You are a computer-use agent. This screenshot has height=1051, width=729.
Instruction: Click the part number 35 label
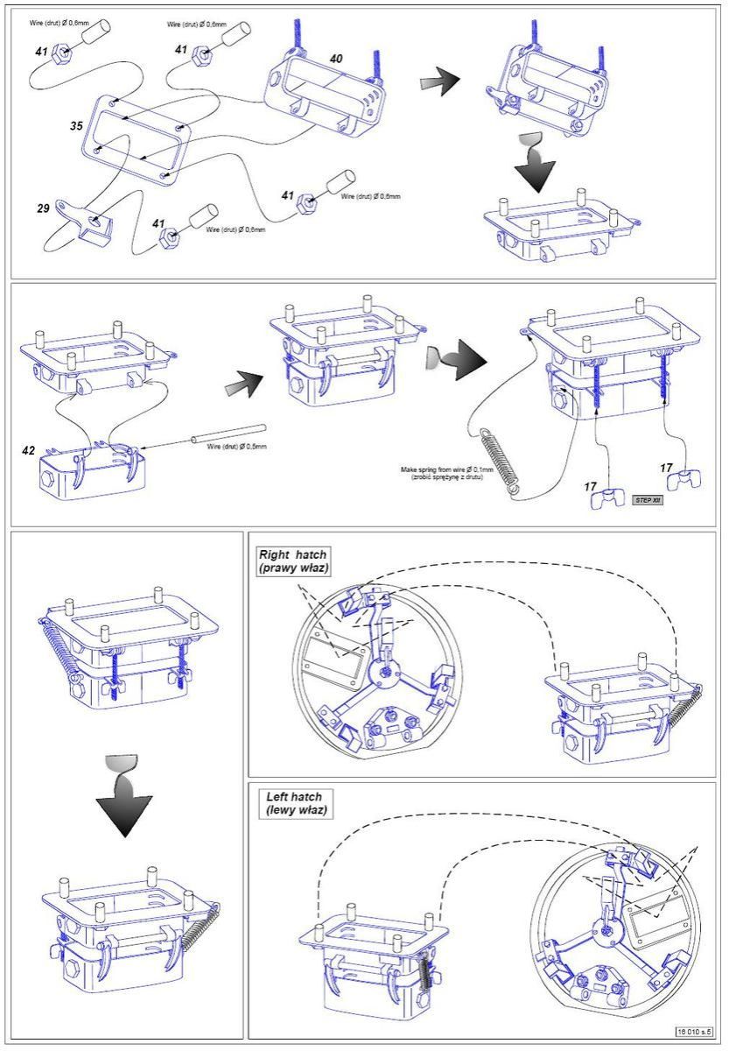tap(77, 126)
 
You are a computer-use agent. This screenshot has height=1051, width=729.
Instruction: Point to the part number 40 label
tap(336, 58)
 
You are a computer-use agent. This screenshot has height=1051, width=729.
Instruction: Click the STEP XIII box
tap(649, 500)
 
